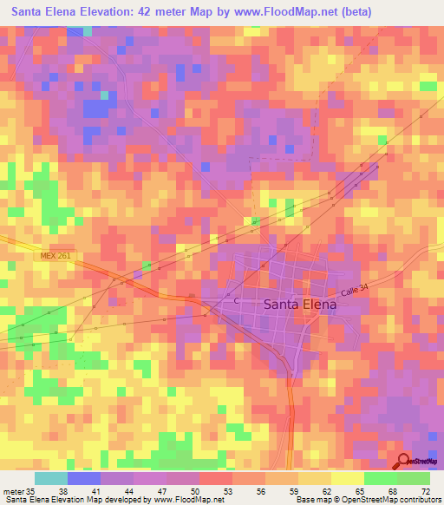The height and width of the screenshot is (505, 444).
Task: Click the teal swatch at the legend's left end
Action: coord(50,478)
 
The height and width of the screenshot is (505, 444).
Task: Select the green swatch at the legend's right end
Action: coord(413,478)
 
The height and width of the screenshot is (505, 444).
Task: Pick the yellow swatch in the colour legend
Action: coord(347,478)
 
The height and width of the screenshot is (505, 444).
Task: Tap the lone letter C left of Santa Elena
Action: coord(237,300)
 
